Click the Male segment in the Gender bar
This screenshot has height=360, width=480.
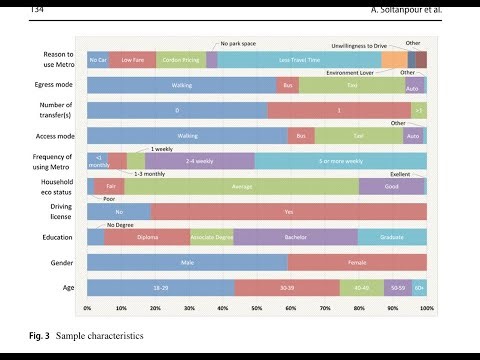pyautogui.click(x=187, y=262)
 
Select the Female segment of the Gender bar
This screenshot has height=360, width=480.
pyautogui.click(x=357, y=262)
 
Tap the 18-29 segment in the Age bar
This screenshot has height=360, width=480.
pyautogui.click(x=160, y=287)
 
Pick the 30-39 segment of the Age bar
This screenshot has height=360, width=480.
pyautogui.click(x=287, y=287)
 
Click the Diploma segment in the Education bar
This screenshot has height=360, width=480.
pyautogui.click(x=147, y=237)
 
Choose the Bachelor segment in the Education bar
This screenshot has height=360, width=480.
pyautogui.click(x=296, y=237)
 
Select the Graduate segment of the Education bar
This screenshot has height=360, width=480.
pyautogui.click(x=392, y=237)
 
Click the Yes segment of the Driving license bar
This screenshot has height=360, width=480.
pyautogui.click(x=289, y=212)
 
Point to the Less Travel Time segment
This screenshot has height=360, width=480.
pyautogui.click(x=299, y=61)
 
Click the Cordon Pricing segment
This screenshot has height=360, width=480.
pyautogui.click(x=180, y=61)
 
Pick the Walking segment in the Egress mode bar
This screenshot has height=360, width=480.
pyautogui.click(x=182, y=86)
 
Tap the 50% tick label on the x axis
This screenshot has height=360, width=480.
pyautogui.click(x=257, y=308)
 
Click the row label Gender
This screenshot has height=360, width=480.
pyautogui.click(x=58, y=262)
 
